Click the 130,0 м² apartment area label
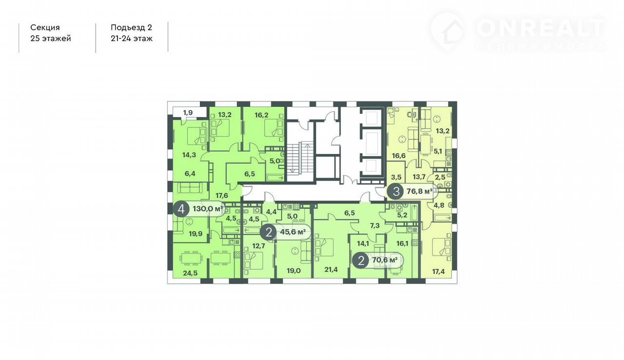208,209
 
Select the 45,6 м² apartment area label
293,232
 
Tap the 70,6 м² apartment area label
385,260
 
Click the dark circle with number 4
181,209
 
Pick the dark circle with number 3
396,191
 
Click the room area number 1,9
188,113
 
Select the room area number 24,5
190,273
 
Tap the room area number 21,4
331,269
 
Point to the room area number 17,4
438,271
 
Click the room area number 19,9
195,234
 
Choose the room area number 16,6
399,156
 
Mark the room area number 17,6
222,196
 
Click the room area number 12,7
258,246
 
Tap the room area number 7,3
375,226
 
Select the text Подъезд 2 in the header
132,27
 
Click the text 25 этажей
51,39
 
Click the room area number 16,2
261,115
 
